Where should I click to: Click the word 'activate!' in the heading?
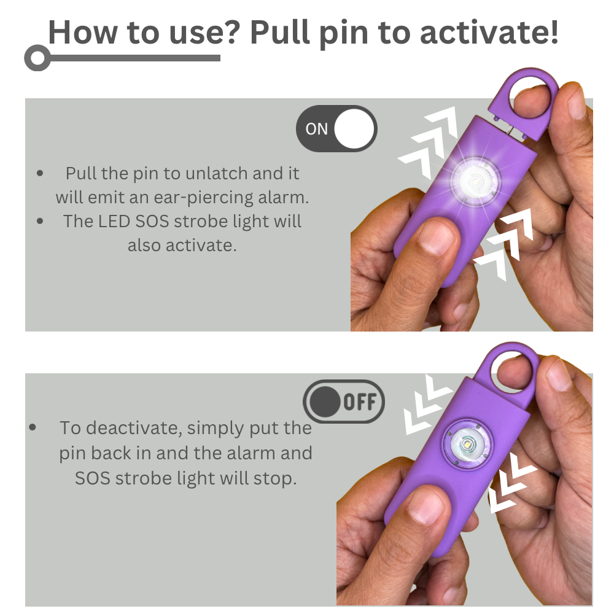coord(489,33)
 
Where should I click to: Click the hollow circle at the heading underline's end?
coord(37,58)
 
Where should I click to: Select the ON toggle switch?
coord(336,129)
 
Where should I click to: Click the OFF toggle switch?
coord(344,402)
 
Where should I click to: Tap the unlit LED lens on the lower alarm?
coord(467,445)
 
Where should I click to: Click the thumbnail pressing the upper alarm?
coord(436,236)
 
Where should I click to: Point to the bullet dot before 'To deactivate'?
coord(33,427)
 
